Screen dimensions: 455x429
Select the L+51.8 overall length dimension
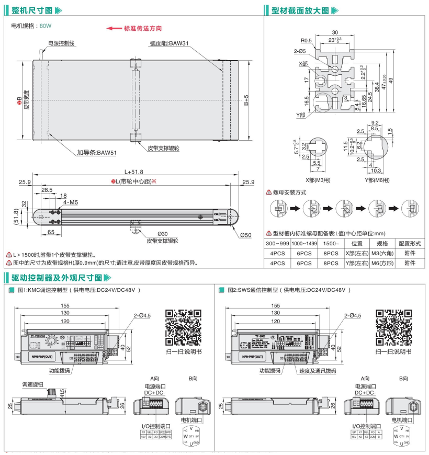click(133, 172)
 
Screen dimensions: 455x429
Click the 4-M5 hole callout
click(71, 202)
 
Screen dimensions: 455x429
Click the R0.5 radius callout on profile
click(306, 40)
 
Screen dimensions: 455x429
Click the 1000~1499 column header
click(304, 244)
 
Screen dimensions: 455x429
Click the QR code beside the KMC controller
click(183, 328)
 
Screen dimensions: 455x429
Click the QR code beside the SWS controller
click(392, 328)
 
